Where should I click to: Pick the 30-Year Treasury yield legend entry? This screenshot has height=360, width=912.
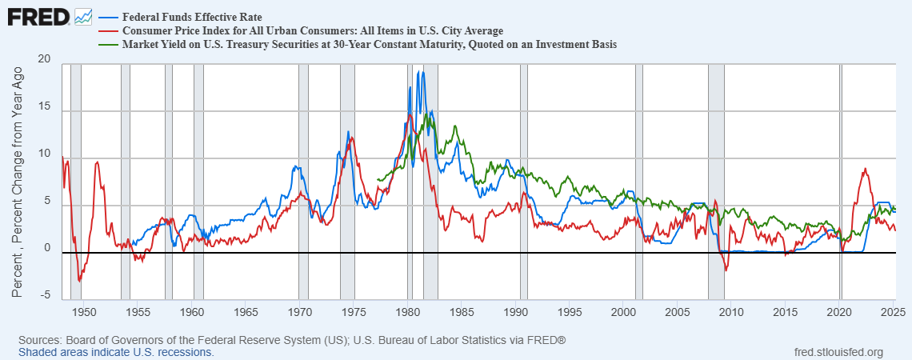click(x=369, y=45)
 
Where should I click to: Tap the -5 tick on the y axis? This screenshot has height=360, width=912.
click(x=45, y=294)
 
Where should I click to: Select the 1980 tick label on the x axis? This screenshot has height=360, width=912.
click(x=408, y=312)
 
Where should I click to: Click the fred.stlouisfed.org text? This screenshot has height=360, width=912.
click(x=838, y=352)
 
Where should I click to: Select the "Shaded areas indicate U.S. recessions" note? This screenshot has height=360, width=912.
click(x=116, y=352)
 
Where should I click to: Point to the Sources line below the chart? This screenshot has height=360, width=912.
click(x=292, y=340)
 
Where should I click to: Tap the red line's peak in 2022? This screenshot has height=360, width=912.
click(x=865, y=169)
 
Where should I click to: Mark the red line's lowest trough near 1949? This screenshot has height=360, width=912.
click(x=79, y=281)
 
